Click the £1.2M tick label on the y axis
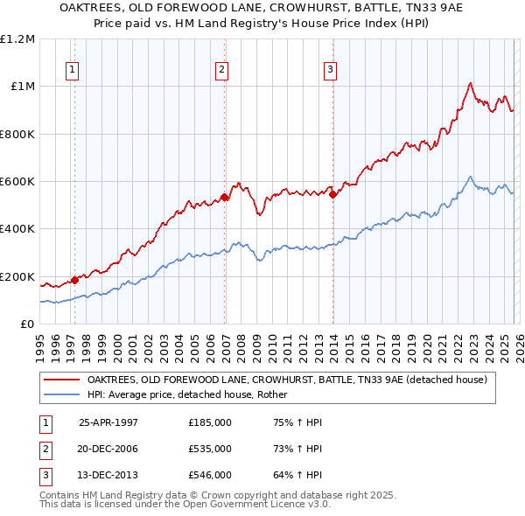(x=17, y=39)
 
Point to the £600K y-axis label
(x=17, y=182)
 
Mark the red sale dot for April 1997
(x=75, y=280)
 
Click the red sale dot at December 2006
(x=225, y=197)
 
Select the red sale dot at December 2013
(x=333, y=194)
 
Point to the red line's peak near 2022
(x=470, y=83)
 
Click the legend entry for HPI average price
(x=192, y=394)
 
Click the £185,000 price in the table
(x=209, y=422)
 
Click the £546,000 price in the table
(x=209, y=475)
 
